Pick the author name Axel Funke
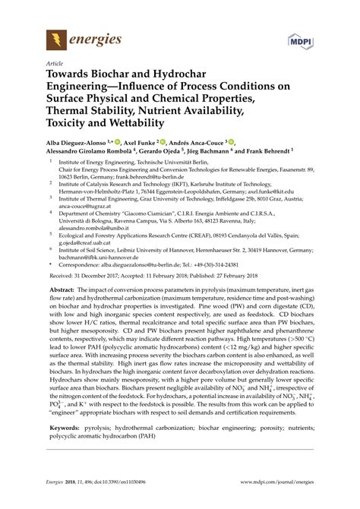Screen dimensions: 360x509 pyautogui.click(x=137, y=142)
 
